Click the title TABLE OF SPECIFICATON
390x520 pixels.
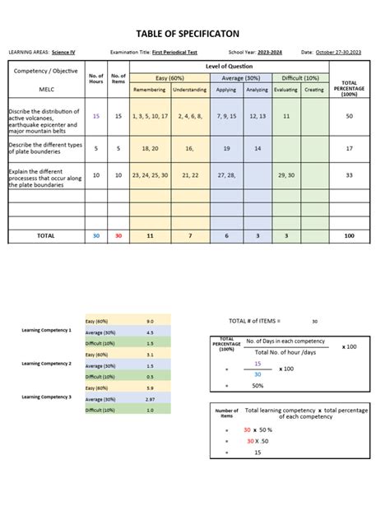point(195,32)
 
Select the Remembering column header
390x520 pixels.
point(149,90)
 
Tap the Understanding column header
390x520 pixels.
point(189,90)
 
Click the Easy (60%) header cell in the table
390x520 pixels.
point(169,77)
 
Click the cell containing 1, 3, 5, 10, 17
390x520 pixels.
point(149,117)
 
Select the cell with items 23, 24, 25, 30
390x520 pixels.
point(149,175)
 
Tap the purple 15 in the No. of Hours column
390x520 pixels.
point(96,117)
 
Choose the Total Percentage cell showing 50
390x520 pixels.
point(349,117)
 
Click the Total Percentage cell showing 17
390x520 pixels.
point(349,149)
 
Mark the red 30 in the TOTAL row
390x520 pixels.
point(118,236)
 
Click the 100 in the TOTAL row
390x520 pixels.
point(349,236)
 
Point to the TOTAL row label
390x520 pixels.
point(45,236)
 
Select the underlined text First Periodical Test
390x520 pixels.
point(175,52)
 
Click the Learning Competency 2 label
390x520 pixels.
point(47,363)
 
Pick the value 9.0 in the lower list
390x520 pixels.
point(150,321)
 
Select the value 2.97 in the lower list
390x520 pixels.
point(150,398)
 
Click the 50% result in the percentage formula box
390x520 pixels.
point(258,385)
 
